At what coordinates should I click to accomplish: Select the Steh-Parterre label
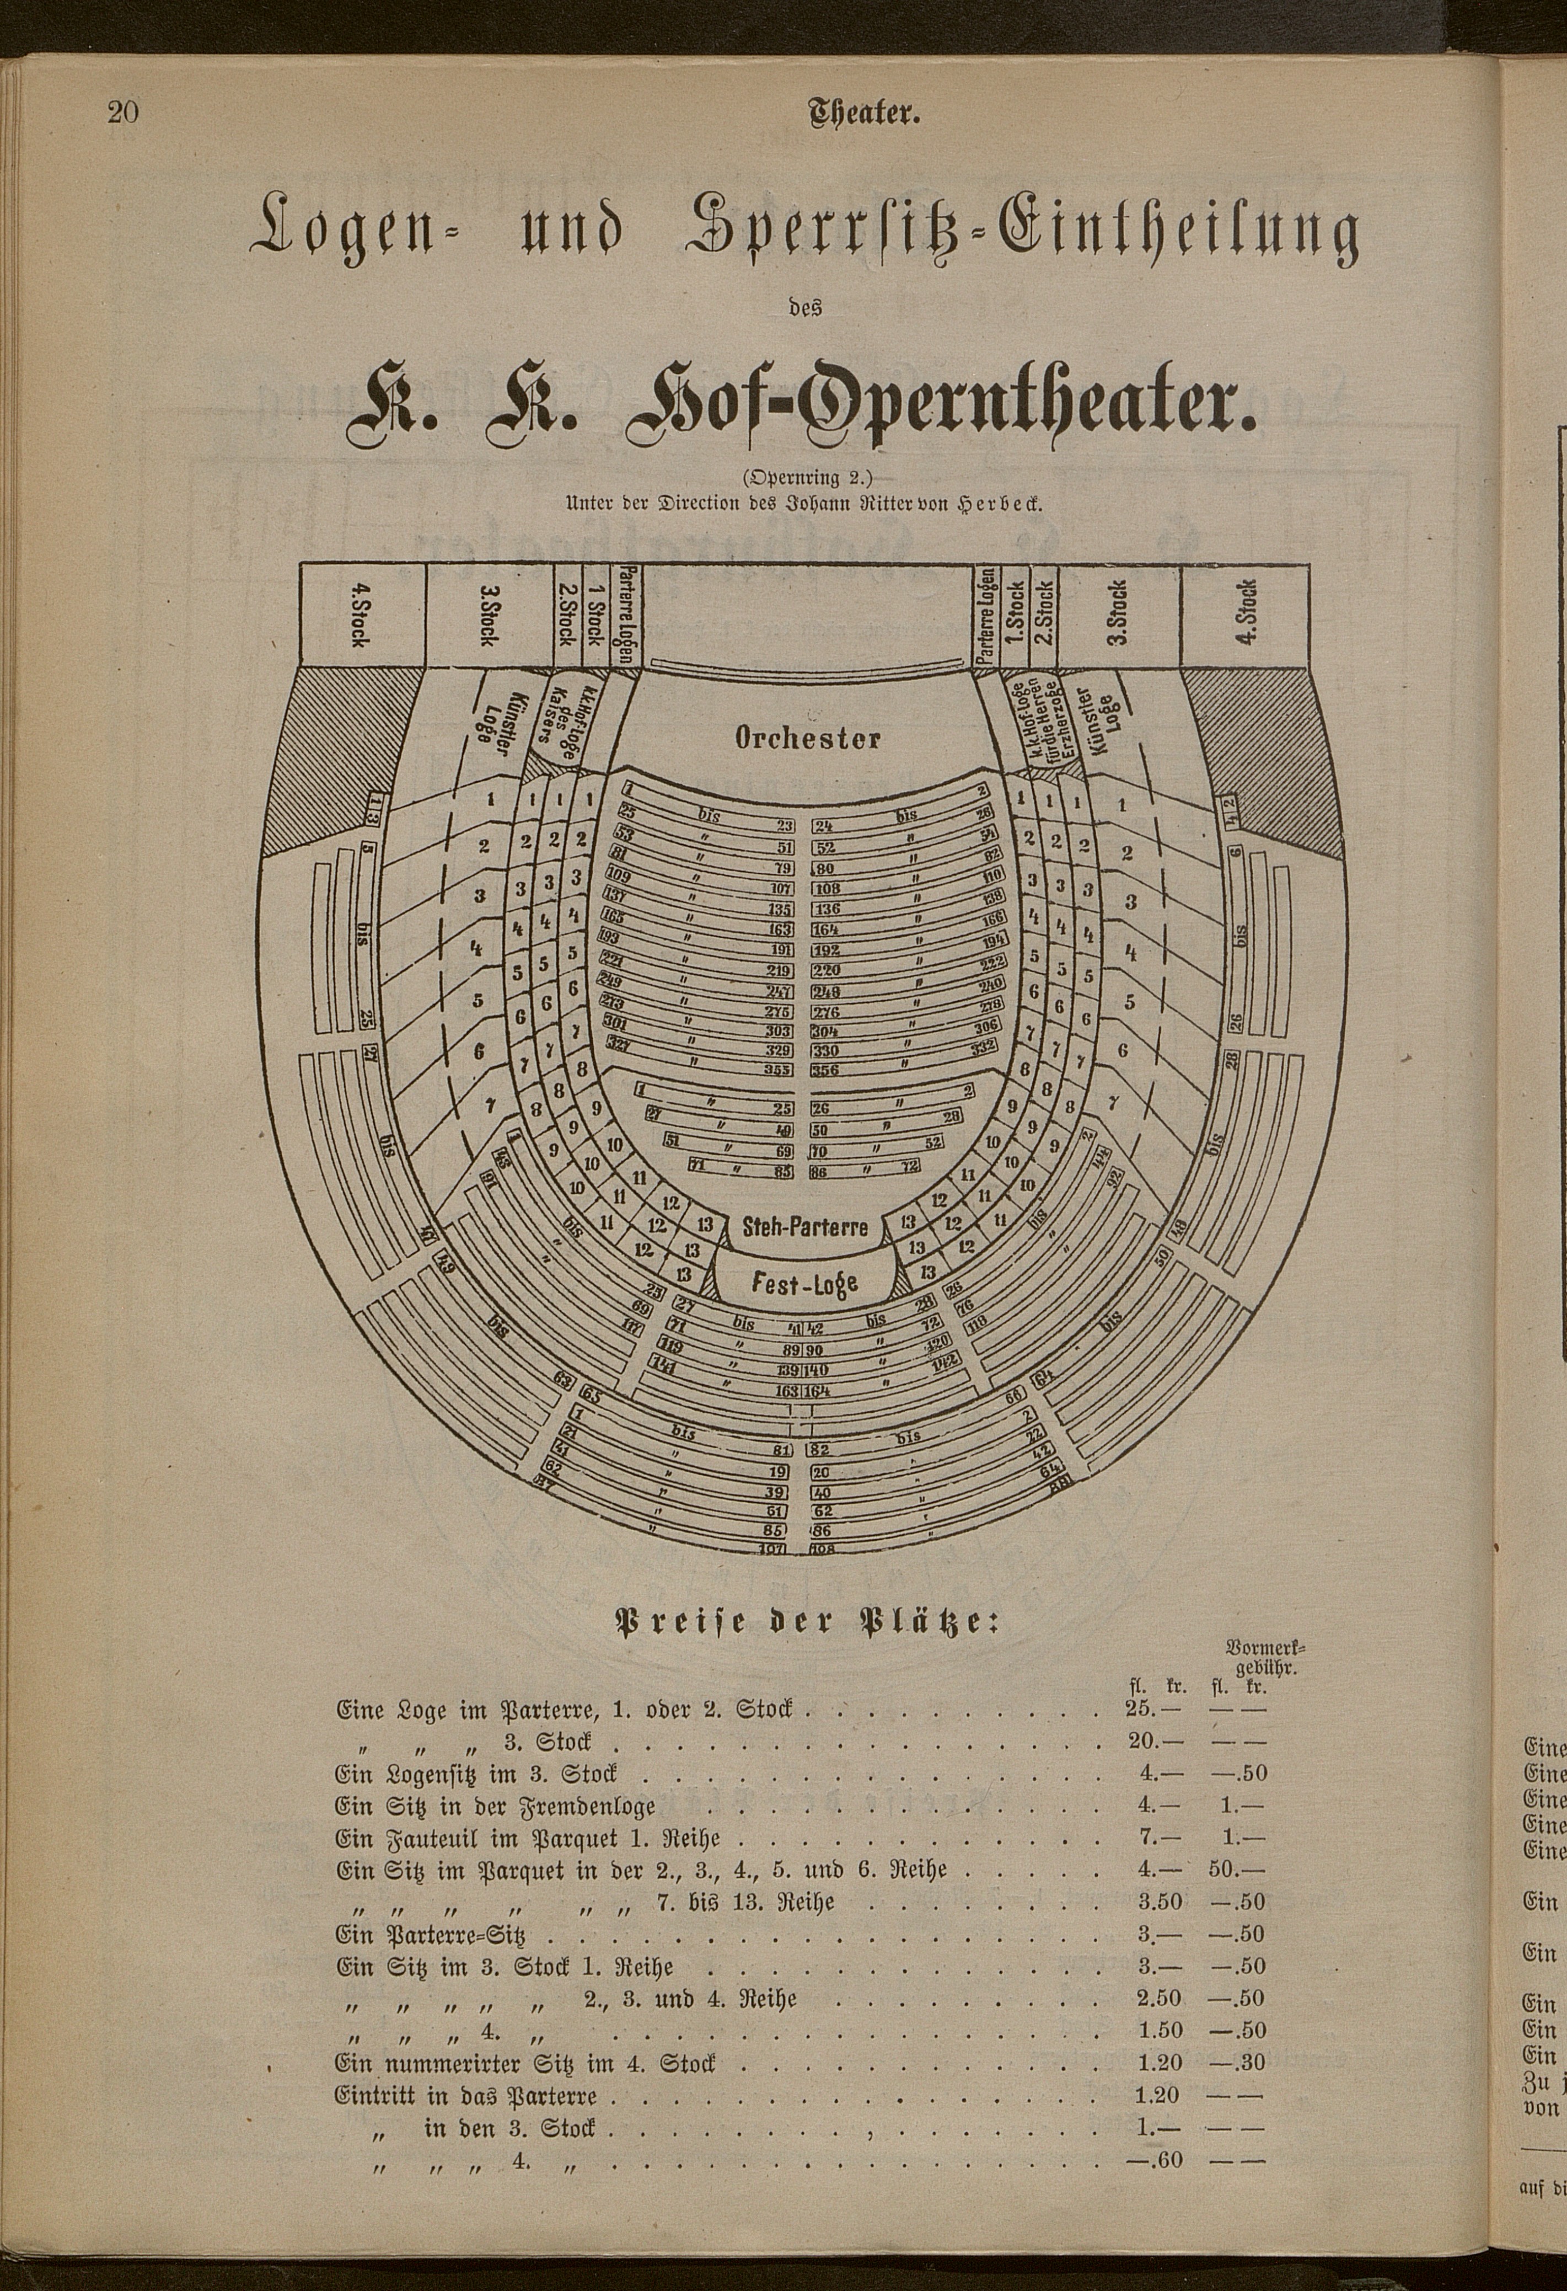click(805, 1227)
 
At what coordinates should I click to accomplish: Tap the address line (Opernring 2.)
click(806, 479)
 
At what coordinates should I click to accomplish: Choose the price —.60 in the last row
click(1154, 2132)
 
